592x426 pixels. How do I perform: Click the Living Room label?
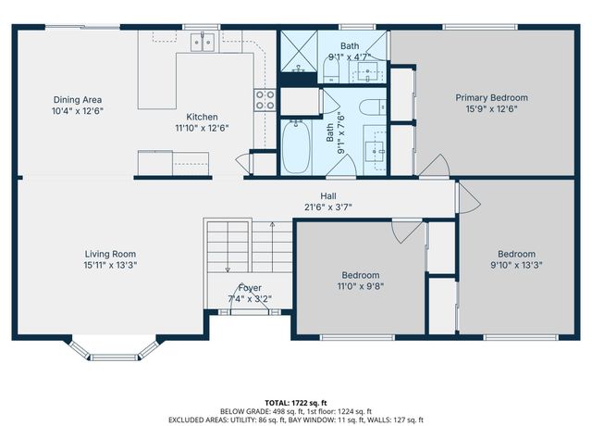pos(111,253)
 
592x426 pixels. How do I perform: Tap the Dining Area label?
pos(78,99)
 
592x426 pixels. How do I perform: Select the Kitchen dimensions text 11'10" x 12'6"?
pos(202,128)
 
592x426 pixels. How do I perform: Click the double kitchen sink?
pos(205,41)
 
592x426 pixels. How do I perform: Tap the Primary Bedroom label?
pos(491,97)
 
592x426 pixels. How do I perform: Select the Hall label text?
pos(328,195)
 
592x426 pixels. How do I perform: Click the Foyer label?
pos(250,288)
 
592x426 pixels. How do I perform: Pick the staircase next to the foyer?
pos(239,245)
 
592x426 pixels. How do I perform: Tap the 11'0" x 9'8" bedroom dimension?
pos(361,287)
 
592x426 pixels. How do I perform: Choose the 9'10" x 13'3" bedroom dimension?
pos(516,265)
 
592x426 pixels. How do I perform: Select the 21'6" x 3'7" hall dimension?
pos(328,207)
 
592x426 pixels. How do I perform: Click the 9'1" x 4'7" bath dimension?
pos(350,56)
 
